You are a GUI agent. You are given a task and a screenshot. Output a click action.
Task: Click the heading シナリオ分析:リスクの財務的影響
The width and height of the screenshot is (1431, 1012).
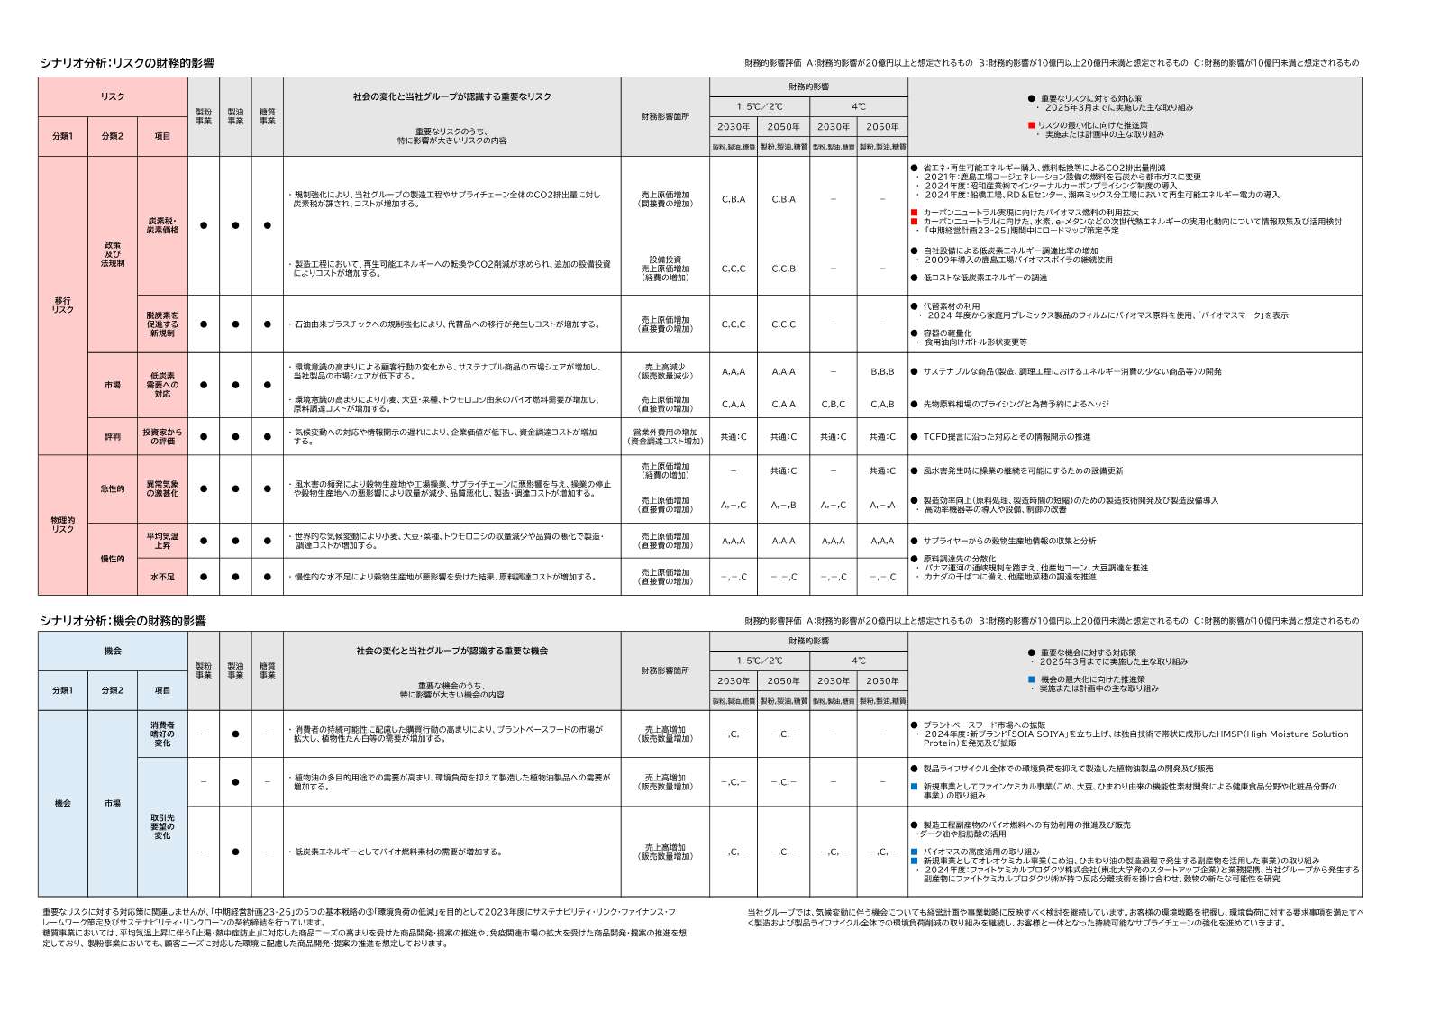coord(127,63)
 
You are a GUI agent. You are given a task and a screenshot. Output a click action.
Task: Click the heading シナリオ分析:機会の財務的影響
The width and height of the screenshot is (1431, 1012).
coord(123,621)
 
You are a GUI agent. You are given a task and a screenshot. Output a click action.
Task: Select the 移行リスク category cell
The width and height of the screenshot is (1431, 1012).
coord(62,305)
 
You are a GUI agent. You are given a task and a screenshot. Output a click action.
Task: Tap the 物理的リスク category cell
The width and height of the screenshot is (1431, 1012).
coord(62,524)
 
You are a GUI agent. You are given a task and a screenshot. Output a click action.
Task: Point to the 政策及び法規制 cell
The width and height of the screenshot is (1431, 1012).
coord(113,253)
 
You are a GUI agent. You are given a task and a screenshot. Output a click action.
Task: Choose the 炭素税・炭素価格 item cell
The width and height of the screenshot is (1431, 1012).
coord(162,225)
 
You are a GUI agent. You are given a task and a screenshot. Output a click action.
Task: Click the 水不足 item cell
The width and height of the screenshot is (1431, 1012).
coord(162,577)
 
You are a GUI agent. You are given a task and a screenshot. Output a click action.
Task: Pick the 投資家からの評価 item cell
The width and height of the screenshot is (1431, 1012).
coord(162,436)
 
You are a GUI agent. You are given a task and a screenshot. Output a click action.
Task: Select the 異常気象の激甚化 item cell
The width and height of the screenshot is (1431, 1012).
coord(162,488)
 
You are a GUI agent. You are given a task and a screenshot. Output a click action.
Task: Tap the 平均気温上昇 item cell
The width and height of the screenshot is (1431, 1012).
coord(162,541)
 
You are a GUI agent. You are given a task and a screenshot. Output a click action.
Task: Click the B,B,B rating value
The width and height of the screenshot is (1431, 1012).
coord(882,371)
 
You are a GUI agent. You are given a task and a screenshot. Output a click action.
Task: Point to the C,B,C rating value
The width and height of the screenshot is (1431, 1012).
coord(833,404)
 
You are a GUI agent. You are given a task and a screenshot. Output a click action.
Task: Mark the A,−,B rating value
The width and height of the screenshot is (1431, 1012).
coord(783,506)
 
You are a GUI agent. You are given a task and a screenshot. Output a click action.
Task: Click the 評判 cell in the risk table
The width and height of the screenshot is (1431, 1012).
coord(113,436)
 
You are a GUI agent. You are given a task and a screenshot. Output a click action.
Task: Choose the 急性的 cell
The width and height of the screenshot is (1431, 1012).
coord(113,488)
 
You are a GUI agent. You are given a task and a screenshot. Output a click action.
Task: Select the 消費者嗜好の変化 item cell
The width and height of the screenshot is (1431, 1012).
coord(162,734)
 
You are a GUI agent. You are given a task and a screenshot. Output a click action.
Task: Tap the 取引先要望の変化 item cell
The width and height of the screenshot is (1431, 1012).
coord(162,826)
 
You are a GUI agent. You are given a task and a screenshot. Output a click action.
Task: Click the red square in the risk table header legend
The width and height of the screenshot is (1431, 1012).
coord(1031,125)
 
